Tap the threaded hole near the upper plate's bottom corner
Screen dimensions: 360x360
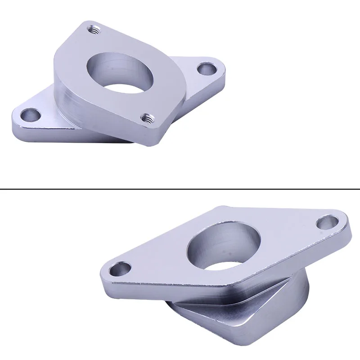point(145,118)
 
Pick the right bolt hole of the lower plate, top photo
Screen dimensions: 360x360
point(207,69)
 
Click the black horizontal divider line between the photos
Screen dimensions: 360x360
point(180,189)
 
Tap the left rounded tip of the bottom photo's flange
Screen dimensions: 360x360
point(103,274)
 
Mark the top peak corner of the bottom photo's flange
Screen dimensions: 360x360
point(220,208)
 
